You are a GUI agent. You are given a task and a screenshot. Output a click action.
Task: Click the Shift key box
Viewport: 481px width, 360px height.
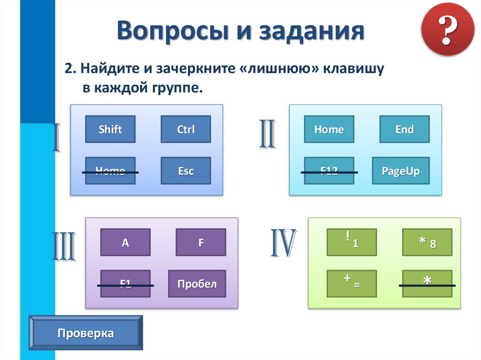pyautogui.click(x=110, y=129)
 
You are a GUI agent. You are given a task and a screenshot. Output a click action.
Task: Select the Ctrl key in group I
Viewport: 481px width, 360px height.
pyautogui.click(x=186, y=129)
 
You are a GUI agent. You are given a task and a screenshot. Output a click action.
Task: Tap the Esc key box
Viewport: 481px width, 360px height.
pyautogui.click(x=186, y=171)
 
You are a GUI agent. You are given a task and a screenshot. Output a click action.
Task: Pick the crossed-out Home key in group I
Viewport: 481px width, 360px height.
pyautogui.click(x=110, y=171)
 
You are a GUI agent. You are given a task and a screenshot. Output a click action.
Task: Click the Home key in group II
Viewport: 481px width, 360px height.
pyautogui.click(x=329, y=129)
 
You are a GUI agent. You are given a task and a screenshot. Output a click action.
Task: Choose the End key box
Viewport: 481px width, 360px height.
pyautogui.click(x=404, y=129)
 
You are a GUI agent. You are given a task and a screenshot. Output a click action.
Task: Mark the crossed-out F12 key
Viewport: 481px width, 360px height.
pyautogui.click(x=329, y=171)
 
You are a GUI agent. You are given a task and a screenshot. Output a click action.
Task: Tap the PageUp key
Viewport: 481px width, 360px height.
pyautogui.click(x=400, y=171)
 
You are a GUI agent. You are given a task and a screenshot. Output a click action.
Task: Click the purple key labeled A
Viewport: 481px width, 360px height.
pyautogui.click(x=125, y=242)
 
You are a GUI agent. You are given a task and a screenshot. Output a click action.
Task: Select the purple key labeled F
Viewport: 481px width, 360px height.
pyautogui.click(x=201, y=242)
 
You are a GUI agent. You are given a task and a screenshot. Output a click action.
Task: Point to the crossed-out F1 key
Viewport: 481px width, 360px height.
pyautogui.click(x=125, y=283)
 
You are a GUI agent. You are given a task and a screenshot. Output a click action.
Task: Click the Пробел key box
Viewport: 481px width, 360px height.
pyautogui.click(x=197, y=283)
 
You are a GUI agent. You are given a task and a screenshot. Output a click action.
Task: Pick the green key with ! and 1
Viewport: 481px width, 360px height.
pyautogui.click(x=351, y=242)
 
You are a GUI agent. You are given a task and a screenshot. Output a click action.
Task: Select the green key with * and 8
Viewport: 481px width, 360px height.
pyautogui.click(x=427, y=242)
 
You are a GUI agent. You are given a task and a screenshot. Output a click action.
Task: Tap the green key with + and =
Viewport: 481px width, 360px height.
pyautogui.click(x=351, y=283)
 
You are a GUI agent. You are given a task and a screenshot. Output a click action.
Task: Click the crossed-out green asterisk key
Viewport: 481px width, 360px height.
pyautogui.click(x=427, y=283)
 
